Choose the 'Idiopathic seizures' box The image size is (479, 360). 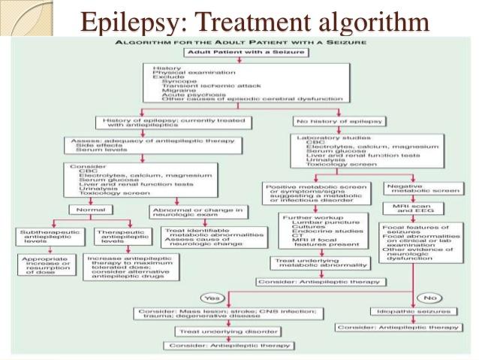(x=411, y=311)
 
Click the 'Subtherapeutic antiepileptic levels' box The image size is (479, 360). (x=47, y=237)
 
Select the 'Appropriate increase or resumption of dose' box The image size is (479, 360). (x=47, y=265)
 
